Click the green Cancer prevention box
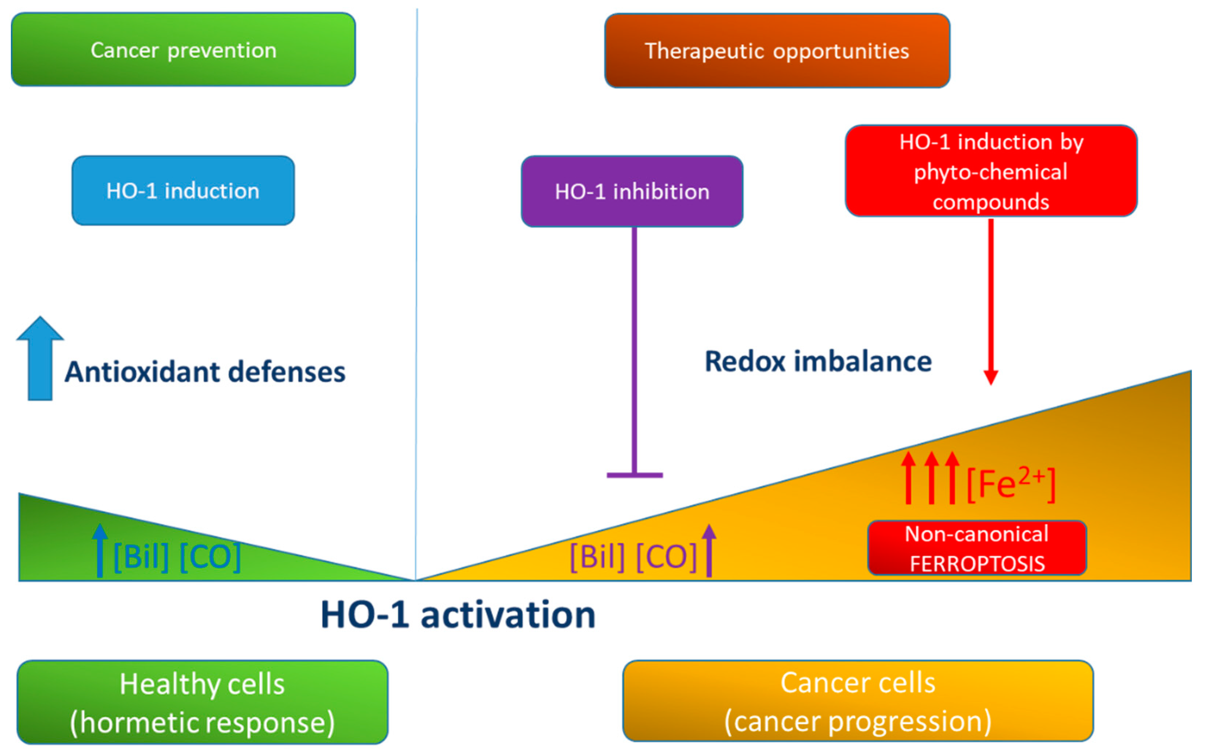tap(183, 50)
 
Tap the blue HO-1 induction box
tap(183, 190)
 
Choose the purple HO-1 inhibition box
tap(632, 191)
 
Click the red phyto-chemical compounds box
tap(991, 171)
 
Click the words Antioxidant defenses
tap(205, 372)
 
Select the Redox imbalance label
tap(818, 361)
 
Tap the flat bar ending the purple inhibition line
tap(635, 474)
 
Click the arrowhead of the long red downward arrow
tap(991, 377)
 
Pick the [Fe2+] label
tap(1011, 484)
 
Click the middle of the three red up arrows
tap(931, 477)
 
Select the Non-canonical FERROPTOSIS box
tap(977, 548)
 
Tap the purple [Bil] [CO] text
tap(633, 556)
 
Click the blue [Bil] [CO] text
tap(177, 556)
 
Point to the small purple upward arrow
tap(709, 550)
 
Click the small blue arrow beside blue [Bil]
tap(100, 550)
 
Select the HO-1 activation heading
tap(458, 615)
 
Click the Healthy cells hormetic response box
tap(202, 702)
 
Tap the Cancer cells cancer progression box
tap(858, 701)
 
